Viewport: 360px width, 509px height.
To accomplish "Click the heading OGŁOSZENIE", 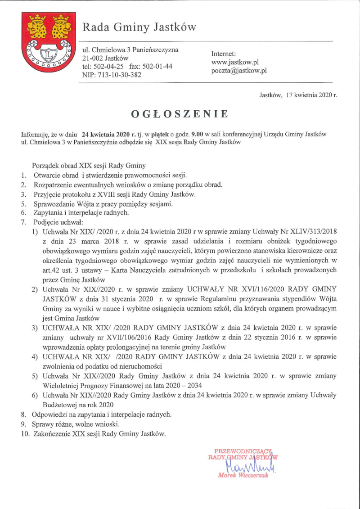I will tap(180, 114).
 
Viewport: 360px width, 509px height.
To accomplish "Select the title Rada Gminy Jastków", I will tap(139, 28).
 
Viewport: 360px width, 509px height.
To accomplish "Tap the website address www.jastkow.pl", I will tap(234, 62).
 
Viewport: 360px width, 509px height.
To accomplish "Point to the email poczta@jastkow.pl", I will tap(239, 71).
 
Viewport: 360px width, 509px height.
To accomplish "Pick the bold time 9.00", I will tap(197, 135).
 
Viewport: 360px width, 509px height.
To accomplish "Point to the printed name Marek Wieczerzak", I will tap(243, 475).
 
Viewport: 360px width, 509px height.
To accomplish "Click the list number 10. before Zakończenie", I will tap(25, 435).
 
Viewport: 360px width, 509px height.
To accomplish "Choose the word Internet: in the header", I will tap(224, 54).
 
